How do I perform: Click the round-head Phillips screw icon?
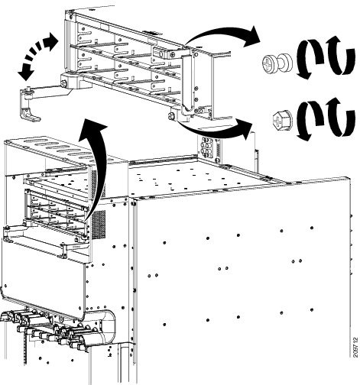[277, 63]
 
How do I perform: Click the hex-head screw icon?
[283, 119]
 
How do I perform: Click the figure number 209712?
[355, 348]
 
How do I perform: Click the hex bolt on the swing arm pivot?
[63, 83]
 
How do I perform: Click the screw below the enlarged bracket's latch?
[170, 116]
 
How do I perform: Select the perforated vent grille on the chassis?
[99, 224]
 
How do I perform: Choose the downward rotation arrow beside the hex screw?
[310, 121]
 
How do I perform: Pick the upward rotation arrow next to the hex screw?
[342, 117]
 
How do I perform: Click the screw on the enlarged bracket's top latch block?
[173, 54]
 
